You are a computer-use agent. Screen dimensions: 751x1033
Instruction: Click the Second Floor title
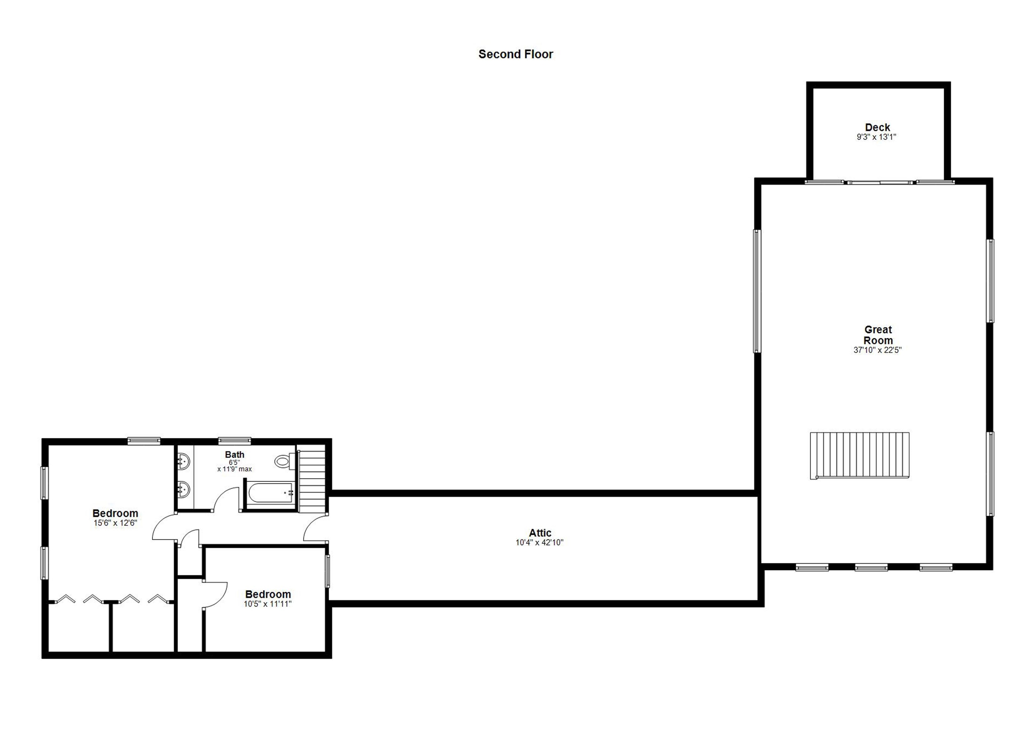pyautogui.click(x=515, y=54)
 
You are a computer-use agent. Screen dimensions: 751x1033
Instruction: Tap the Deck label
pyautogui.click(x=877, y=127)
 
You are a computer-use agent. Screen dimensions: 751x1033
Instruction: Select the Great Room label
pyautogui.click(x=878, y=335)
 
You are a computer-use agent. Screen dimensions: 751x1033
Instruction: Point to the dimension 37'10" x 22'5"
pyautogui.click(x=877, y=350)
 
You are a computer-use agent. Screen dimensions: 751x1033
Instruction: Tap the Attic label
pyautogui.click(x=540, y=533)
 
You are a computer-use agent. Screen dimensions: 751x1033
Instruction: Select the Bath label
pyautogui.click(x=235, y=454)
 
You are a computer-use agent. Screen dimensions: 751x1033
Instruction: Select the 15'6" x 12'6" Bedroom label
pyautogui.click(x=115, y=513)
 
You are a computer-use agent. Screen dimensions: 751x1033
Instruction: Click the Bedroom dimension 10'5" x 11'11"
pyautogui.click(x=267, y=604)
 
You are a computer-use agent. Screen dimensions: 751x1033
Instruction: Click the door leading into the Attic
pyautogui.click(x=315, y=530)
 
